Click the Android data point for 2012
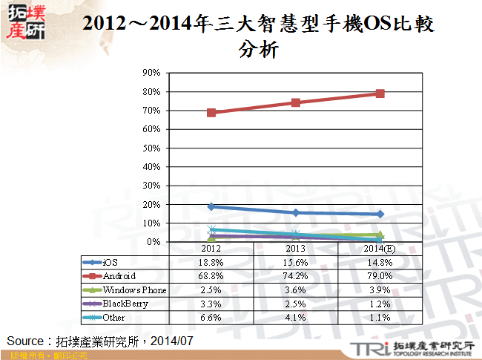tap(211, 113)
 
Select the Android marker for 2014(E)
tap(380, 94)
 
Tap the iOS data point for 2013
tap(296, 213)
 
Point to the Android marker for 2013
tap(296, 102)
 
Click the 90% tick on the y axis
tap(151, 73)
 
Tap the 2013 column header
tap(296, 248)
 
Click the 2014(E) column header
tap(380, 248)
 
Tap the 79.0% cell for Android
tap(380, 275)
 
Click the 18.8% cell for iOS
tap(211, 262)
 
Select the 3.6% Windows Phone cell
tap(296, 289)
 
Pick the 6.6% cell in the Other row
tap(211, 317)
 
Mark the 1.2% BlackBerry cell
tap(380, 303)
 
